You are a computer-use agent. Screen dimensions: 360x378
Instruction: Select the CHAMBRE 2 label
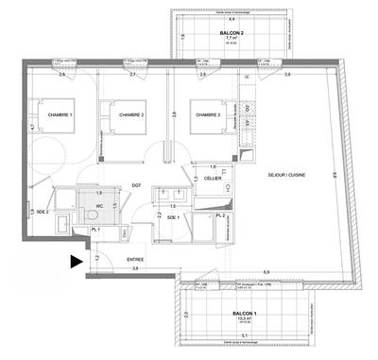131,114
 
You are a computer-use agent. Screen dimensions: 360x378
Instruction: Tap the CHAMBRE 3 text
209,114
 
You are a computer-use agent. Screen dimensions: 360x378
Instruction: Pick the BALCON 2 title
226,33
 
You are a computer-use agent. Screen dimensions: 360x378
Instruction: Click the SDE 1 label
171,216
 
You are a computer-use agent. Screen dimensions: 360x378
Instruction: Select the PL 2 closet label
219,216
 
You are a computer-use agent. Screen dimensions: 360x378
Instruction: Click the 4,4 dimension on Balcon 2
227,16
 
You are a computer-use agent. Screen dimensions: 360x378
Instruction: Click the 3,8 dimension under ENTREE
136,268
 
